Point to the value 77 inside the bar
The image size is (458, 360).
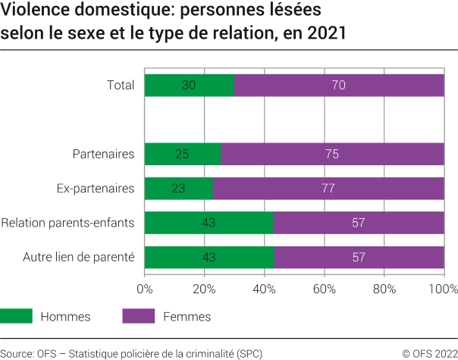point(328,188)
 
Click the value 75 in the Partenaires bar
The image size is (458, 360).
point(331,154)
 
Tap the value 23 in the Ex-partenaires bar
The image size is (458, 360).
point(178,188)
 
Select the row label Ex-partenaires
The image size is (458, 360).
point(96,188)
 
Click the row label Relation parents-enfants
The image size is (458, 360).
point(67,223)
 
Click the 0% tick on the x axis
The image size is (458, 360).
point(144,289)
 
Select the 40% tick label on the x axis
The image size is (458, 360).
point(264,289)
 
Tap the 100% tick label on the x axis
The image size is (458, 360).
point(443,289)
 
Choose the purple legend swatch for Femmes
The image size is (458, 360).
point(138,316)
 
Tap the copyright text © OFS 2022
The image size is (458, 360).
point(429,353)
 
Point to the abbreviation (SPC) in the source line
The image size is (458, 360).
point(249,353)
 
